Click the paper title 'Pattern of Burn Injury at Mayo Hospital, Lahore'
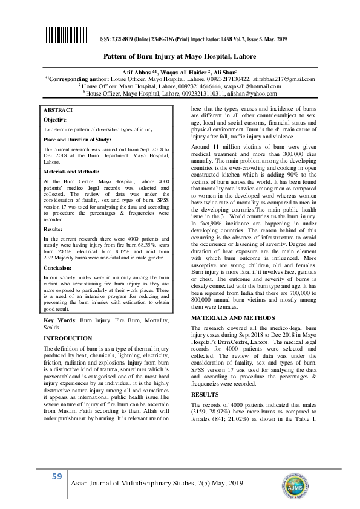[180, 56]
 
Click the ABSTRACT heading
[58, 110]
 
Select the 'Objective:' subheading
[55, 120]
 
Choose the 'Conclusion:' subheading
[57, 266]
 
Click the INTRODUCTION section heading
[68, 339]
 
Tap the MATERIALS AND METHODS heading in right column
[233, 318]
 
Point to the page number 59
[57, 477]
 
